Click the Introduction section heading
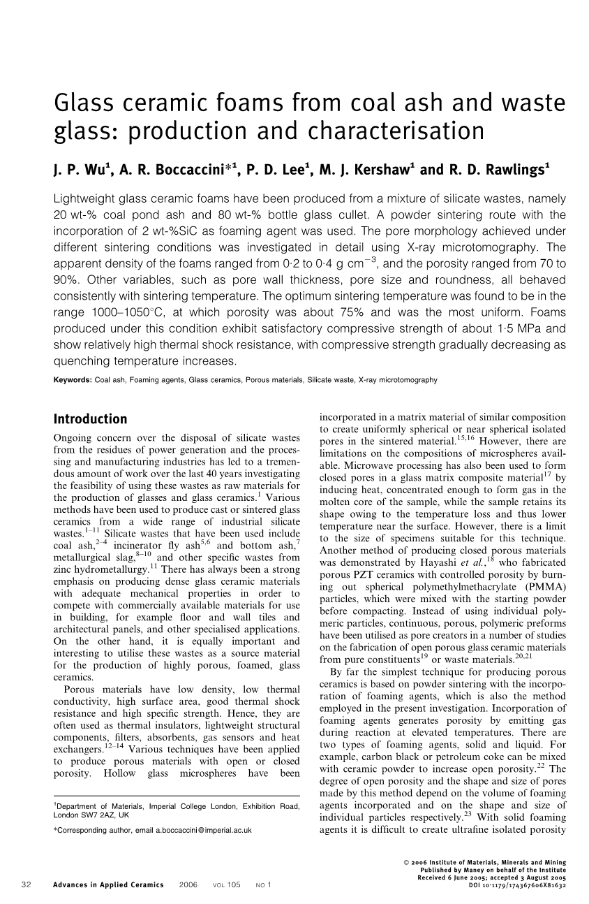tap(91, 419)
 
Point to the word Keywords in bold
tap(73, 380)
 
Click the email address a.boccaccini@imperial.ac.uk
tap(203, 831)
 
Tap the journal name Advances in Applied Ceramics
tap(108, 885)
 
